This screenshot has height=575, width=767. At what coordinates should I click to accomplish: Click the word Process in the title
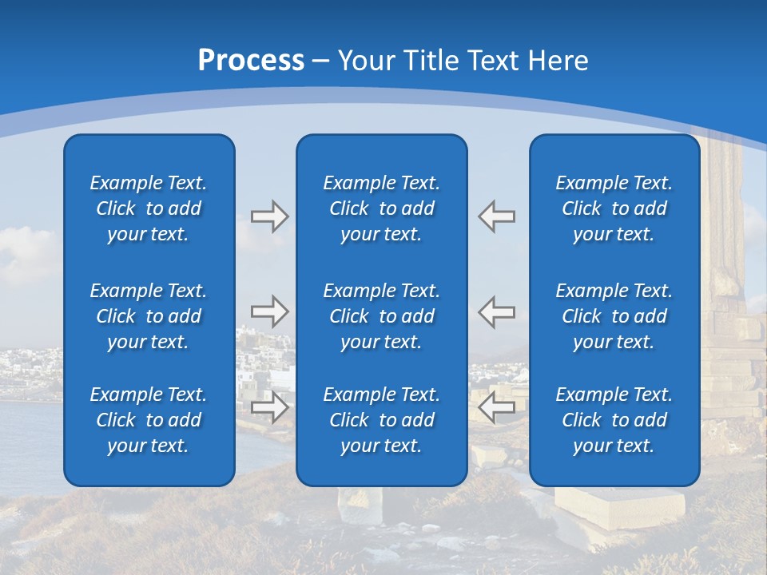click(251, 61)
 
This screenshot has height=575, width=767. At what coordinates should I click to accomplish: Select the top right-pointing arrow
click(269, 216)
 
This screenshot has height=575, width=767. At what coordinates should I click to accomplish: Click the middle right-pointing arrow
click(269, 311)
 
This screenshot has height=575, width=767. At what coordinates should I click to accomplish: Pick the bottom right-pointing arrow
click(269, 407)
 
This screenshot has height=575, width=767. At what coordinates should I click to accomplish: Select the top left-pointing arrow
click(497, 216)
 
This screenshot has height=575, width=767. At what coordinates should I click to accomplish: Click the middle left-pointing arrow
click(497, 311)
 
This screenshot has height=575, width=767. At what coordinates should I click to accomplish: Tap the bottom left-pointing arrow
click(497, 407)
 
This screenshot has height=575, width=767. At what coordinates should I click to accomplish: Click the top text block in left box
click(149, 208)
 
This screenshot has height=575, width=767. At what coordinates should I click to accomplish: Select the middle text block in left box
click(149, 316)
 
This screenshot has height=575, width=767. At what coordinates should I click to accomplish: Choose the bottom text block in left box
click(149, 420)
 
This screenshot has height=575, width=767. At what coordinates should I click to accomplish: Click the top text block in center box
click(381, 208)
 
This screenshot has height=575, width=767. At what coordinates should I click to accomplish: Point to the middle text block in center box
click(381, 316)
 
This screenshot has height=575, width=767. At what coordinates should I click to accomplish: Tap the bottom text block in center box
click(381, 420)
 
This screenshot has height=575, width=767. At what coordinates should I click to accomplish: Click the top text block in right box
click(614, 208)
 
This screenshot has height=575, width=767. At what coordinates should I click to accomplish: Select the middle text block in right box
click(614, 316)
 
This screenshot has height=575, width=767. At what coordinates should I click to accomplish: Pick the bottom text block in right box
click(614, 420)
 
